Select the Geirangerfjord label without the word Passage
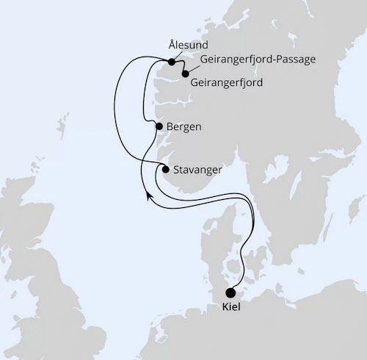pyautogui.click(x=226, y=82)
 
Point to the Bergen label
pyautogui.click(x=184, y=126)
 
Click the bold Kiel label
pyautogui.click(x=231, y=308)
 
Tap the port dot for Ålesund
pyautogui.click(x=172, y=62)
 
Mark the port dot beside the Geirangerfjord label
pyautogui.click(x=185, y=73)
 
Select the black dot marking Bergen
pyautogui.click(x=159, y=126)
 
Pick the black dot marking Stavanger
pyautogui.click(x=165, y=170)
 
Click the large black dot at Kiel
pyautogui.click(x=231, y=292)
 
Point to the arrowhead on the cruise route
pyautogui.click(x=149, y=194)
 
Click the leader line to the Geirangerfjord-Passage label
pyautogui.click(x=191, y=66)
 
